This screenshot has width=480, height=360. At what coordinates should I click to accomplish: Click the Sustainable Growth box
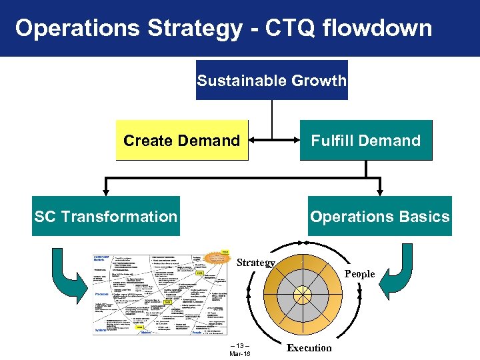[x=272, y=81]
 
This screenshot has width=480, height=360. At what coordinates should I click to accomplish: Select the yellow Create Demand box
[x=181, y=141]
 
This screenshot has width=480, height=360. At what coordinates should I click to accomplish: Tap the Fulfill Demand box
[x=366, y=141]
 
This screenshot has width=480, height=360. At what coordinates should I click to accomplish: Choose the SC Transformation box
[x=106, y=216]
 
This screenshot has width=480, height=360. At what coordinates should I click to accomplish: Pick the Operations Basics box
[x=379, y=216]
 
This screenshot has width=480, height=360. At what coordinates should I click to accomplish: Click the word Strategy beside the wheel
[x=256, y=263]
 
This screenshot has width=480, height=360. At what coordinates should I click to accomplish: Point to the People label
[x=359, y=274]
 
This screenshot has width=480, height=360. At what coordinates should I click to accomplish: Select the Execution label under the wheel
[x=309, y=347]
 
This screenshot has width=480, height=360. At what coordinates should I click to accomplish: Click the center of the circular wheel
[x=303, y=294]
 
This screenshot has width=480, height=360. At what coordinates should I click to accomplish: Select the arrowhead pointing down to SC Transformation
[x=105, y=191]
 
